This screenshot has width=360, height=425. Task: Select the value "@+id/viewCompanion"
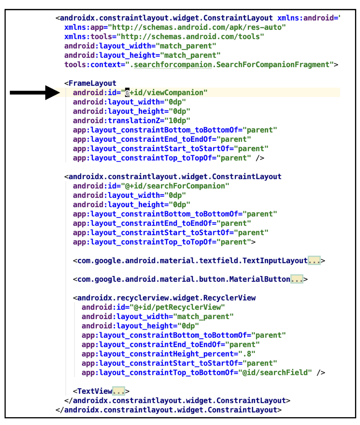(x=165, y=93)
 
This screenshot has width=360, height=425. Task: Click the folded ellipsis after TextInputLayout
(x=314, y=261)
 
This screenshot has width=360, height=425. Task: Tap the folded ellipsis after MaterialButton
(x=297, y=279)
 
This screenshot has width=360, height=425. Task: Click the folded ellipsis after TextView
(x=119, y=391)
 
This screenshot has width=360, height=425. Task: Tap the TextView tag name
(x=95, y=391)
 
